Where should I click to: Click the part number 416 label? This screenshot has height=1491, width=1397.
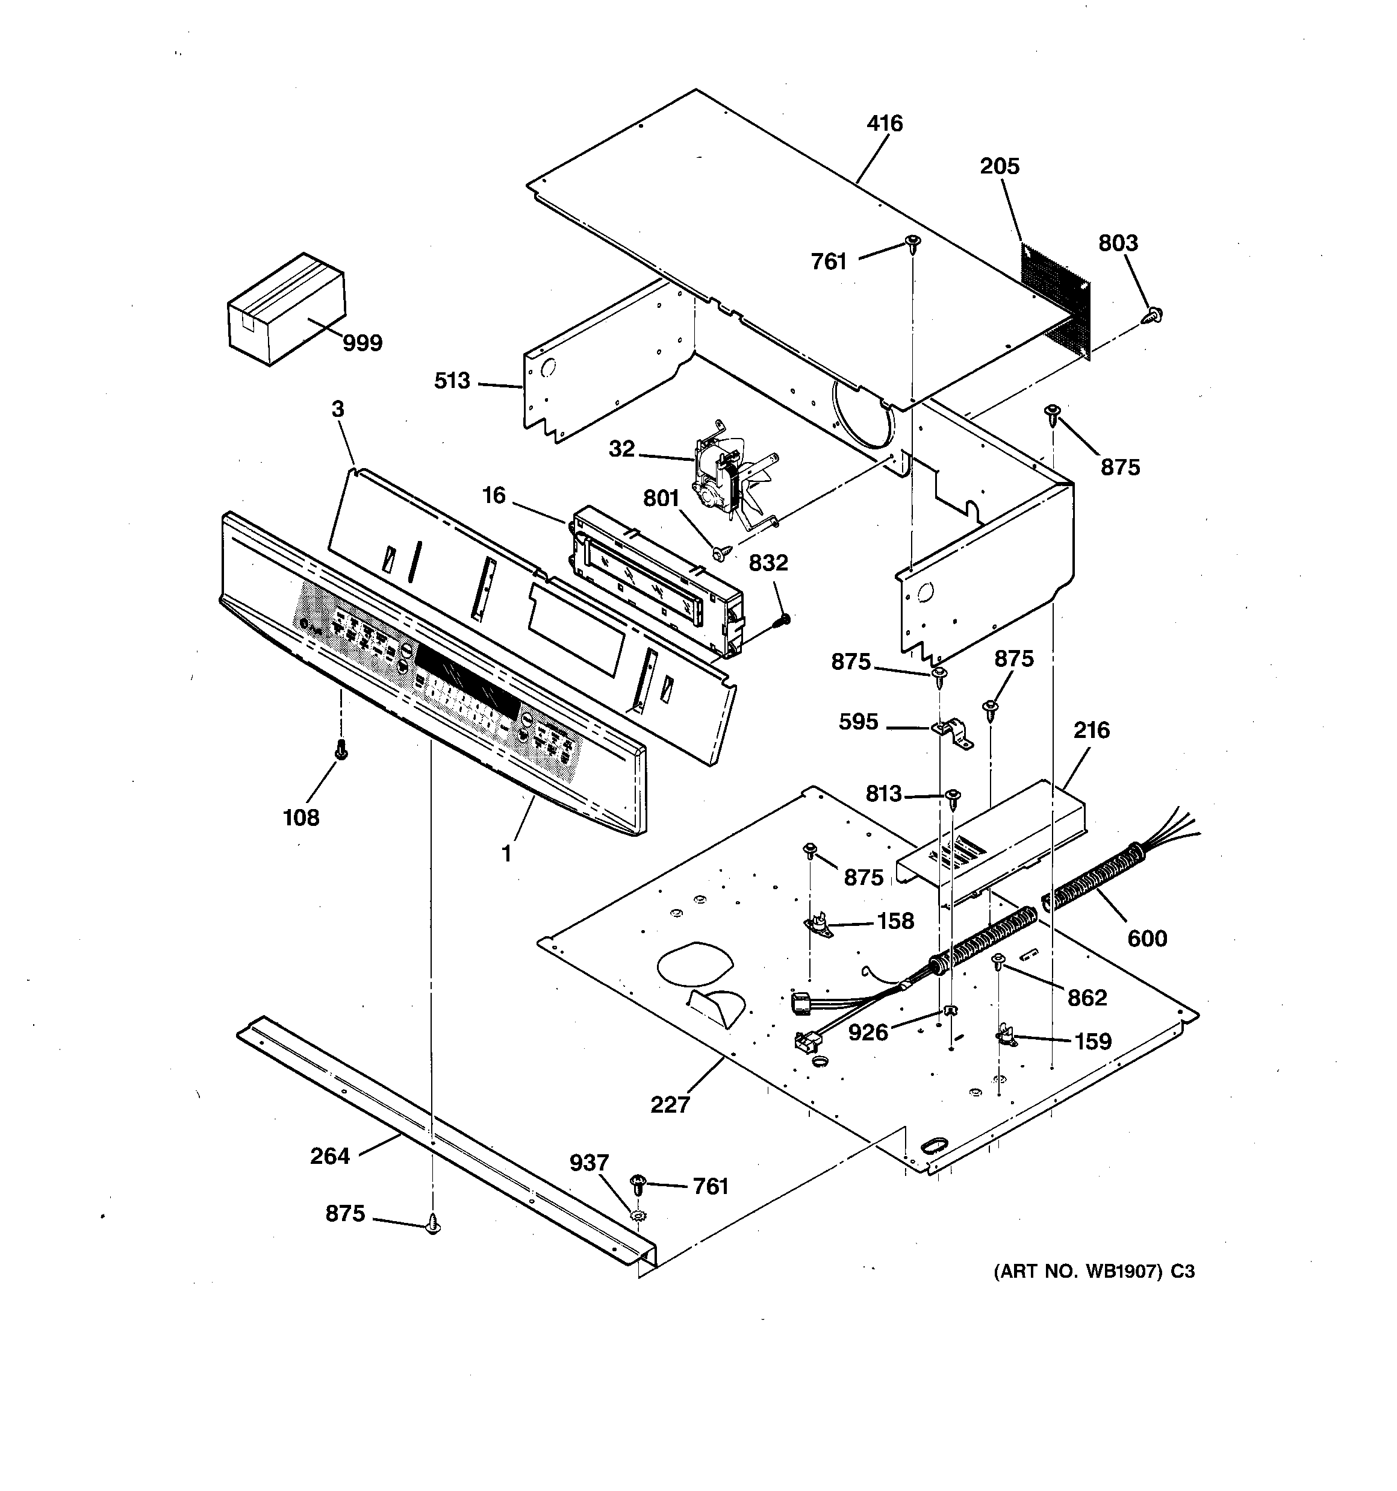pos(885,123)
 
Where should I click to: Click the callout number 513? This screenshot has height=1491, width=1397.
pos(452,381)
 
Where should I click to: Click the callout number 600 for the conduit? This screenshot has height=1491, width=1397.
pos(1147,938)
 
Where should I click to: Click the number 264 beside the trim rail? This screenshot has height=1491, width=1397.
pos(330,1155)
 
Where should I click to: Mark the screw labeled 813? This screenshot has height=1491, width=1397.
pos(953,798)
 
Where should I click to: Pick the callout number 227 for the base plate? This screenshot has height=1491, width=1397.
pos(670,1105)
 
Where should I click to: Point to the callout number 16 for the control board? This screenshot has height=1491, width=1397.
pos(493,496)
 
